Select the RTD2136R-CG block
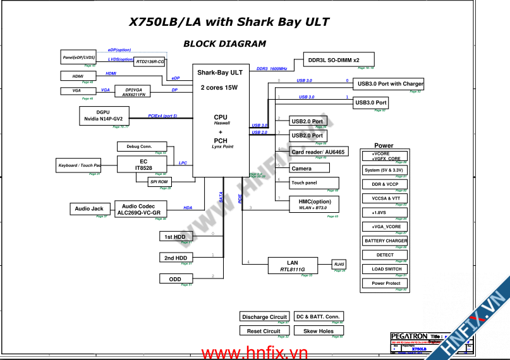(150, 61)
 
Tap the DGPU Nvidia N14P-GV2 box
(104, 116)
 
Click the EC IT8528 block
(143, 164)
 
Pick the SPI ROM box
(159, 182)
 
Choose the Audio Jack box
(89, 209)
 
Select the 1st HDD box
(175, 237)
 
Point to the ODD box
(175, 279)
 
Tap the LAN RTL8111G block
(292, 266)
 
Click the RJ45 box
(339, 264)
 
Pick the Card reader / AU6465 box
(319, 152)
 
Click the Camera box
(309, 169)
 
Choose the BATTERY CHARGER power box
(386, 241)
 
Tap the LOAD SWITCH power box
(386, 269)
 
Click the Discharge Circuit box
(264, 316)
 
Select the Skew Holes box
(319, 331)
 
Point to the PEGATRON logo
(409, 337)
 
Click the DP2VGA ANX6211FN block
(133, 92)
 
